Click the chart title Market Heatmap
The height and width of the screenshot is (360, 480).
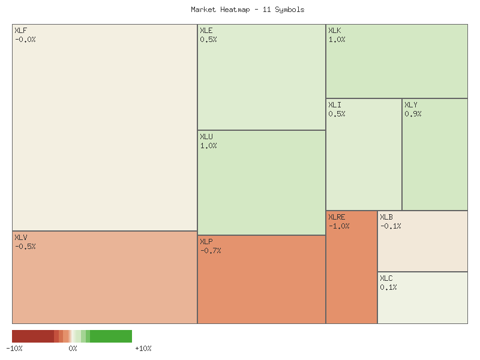[247, 10]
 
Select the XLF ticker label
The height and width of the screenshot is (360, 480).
[20, 31]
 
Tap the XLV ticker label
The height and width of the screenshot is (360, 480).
[20, 238]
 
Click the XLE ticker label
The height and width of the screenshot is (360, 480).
[206, 31]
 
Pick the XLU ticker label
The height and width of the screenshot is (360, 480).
[206, 137]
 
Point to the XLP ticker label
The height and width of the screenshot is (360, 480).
[206, 242]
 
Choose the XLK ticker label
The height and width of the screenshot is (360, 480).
[334, 31]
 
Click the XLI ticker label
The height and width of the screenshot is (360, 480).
[334, 105]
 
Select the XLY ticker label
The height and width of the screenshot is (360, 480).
[410, 105]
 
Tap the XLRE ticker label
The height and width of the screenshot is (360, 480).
[337, 217]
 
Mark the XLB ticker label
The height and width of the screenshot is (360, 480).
[386, 217]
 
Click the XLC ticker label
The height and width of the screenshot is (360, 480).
[386, 278]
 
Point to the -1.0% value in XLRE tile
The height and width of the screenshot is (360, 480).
[339, 226]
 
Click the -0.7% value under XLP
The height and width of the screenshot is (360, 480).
[211, 251]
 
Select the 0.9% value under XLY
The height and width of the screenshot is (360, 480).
[413, 114]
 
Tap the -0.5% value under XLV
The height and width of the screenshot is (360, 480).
[25, 247]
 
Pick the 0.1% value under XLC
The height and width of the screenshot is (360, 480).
[388, 287]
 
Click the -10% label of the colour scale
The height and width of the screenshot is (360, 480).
[14, 349]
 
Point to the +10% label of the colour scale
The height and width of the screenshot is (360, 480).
[143, 349]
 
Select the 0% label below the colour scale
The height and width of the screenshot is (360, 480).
[73, 349]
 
